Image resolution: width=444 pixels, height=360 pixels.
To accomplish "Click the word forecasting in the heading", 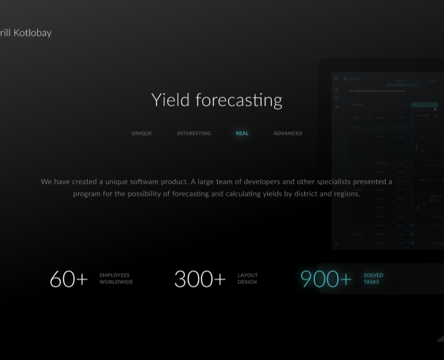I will coord(239,100).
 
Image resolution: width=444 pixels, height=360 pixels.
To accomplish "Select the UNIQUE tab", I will coord(142,133).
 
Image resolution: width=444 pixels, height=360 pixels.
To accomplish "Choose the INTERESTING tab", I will coord(194,133).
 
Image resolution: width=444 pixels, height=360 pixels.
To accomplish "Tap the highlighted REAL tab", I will coord(242,133).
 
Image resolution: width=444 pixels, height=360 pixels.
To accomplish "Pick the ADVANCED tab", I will coord(288,133).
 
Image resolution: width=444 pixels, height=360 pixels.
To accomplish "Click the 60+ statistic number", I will coord(68,279).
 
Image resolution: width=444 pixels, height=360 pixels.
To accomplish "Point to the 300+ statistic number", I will coord(200,279).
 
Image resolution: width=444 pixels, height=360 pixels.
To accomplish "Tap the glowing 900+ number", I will coord(326,279).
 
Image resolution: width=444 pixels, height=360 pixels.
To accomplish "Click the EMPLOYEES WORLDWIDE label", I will coord(116,278).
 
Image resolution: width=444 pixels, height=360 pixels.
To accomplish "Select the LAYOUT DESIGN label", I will coord(248,278).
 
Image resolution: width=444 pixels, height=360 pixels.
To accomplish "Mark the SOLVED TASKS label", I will coord(373,278).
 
